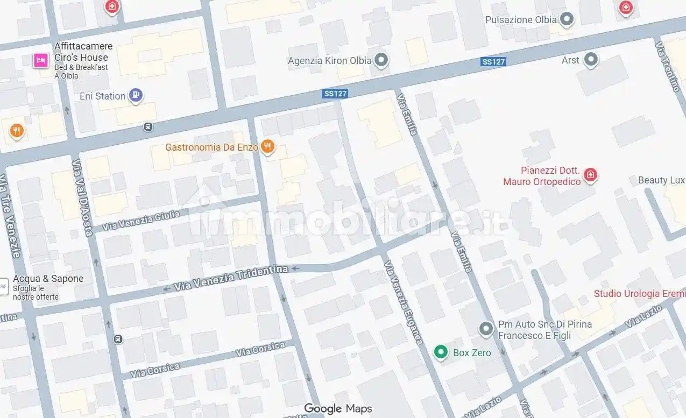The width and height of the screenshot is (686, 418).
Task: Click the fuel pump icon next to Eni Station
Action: tap(136, 95)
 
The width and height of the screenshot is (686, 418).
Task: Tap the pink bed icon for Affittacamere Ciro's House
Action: tap(40, 60)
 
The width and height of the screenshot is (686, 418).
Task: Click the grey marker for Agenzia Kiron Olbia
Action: tap(381, 60)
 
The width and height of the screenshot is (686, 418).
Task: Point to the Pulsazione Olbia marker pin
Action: tap(566, 20)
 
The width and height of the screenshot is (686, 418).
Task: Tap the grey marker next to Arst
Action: tap(591, 59)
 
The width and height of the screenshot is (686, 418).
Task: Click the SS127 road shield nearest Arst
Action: tap(493, 62)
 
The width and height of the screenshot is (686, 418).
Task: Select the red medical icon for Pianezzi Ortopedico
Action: tap(591, 175)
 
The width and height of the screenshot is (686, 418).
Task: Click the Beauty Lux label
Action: tap(661, 180)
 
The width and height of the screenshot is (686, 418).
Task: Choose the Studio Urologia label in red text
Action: tap(639, 294)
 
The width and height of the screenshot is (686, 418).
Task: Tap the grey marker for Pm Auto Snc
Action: tap(486, 329)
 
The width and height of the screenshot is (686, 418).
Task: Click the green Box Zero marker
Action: tap(441, 352)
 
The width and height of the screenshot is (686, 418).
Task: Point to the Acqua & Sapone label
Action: tap(48, 279)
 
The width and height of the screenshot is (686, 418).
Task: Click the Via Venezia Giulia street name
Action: tap(141, 221)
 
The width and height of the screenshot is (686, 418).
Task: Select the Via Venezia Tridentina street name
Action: tap(231, 278)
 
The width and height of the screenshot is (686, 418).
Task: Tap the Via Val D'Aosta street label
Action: tap(82, 197)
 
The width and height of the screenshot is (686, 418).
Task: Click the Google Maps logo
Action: tap(338, 409)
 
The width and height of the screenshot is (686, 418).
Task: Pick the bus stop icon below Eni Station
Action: tap(148, 127)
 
